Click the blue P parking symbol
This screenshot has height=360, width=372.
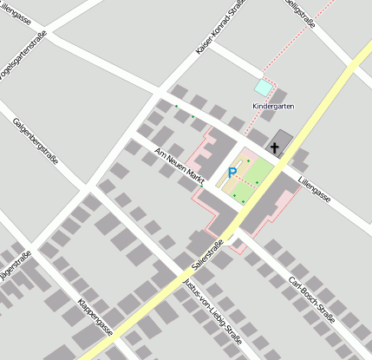232,173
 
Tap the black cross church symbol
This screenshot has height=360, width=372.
275,147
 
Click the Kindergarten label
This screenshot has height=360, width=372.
273,106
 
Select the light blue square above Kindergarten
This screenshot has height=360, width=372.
263,88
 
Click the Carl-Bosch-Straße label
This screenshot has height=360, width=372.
311,300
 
